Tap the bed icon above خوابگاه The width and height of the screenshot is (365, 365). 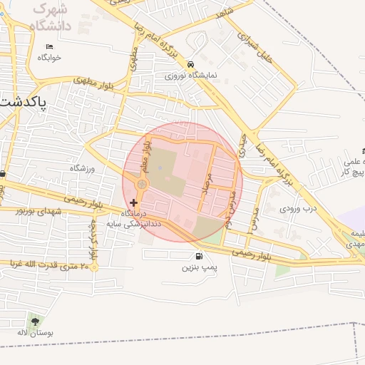(x=48, y=46)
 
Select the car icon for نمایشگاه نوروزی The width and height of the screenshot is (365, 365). (x=190, y=63)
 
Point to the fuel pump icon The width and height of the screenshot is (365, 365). (x=197, y=257)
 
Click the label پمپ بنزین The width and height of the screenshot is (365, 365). (x=198, y=268)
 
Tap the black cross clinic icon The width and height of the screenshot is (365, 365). (x=134, y=203)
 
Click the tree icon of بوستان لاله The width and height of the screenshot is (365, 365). (x=36, y=322)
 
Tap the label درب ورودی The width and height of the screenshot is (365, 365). (x=297, y=209)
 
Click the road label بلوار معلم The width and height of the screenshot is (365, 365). (x=150, y=155)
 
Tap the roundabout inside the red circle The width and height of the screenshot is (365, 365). (x=142, y=185)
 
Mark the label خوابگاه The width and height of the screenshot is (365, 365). (x=50, y=57)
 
